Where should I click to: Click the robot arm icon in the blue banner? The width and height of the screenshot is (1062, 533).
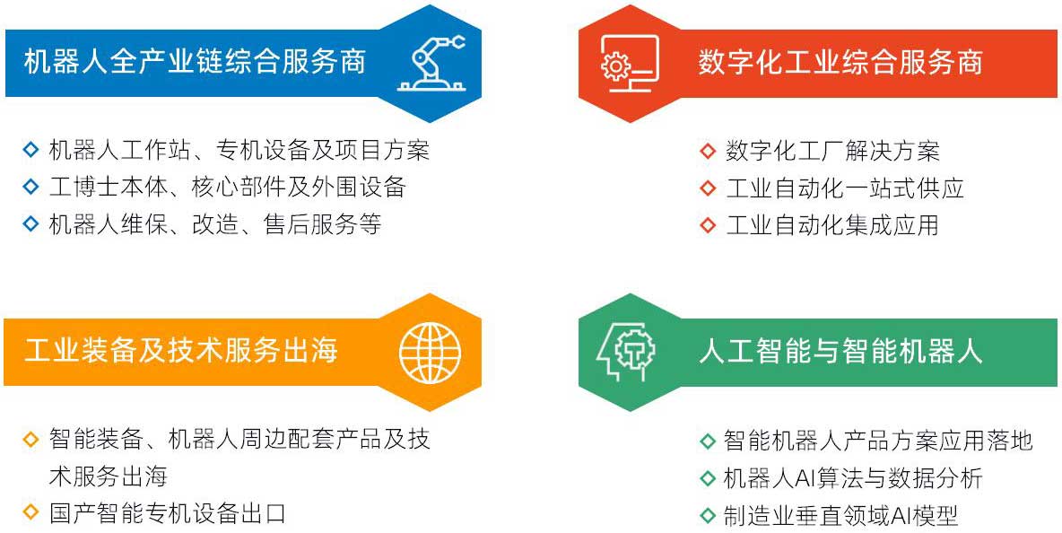pos(431,64)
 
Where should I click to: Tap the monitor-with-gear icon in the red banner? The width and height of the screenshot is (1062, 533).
pos(629,63)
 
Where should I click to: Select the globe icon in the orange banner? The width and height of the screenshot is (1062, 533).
pos(430,352)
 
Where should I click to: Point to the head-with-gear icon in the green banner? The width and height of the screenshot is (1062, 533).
pos(625,352)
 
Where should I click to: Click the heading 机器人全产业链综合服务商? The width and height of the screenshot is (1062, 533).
pos(195,62)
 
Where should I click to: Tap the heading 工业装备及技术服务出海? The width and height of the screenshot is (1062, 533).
pos(180,352)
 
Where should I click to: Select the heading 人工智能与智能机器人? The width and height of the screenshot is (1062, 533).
pos(840,352)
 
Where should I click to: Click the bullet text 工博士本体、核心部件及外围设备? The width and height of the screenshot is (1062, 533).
pos(228,187)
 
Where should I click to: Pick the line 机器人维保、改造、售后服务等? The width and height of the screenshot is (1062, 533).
pos(215,224)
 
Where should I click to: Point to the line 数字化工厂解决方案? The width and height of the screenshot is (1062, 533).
pos(832,151)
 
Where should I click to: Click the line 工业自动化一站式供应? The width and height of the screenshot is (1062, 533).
pos(845,188)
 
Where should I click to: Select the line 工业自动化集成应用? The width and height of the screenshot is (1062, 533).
pos(832,225)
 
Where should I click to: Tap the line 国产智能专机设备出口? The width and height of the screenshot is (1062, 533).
pos(168,512)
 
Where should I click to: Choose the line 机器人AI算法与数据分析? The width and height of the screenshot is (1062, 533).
pos(853,478)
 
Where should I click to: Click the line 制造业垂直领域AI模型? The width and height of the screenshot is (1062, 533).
pos(841,515)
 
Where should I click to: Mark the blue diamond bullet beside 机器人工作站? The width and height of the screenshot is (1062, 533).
pos(30,150)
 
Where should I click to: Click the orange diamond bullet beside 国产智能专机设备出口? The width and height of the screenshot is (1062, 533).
pos(30,512)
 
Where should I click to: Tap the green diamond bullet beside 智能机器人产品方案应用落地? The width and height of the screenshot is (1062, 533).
pos(707,441)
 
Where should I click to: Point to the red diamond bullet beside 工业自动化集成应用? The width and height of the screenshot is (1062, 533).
pos(707,225)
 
